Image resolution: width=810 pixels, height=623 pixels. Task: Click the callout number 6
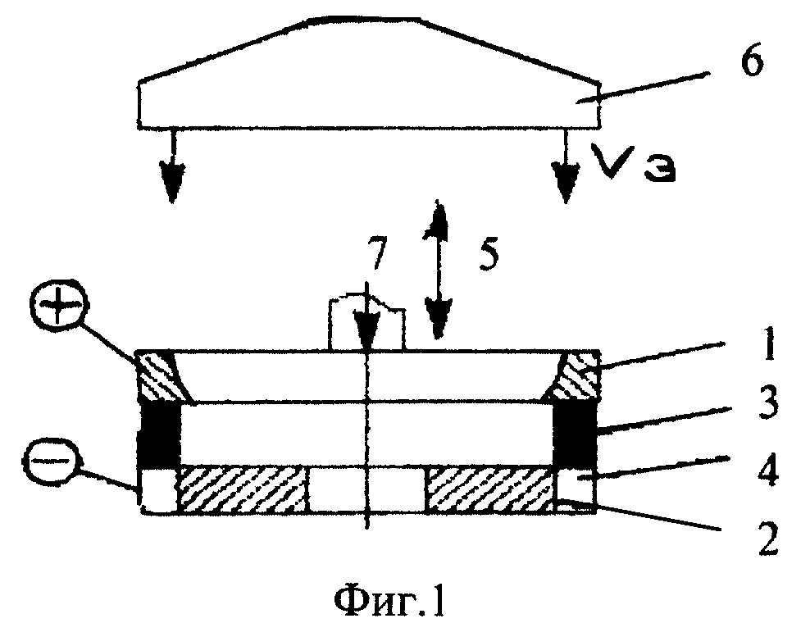[x=751, y=63]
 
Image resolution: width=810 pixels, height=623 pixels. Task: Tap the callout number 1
[x=769, y=345]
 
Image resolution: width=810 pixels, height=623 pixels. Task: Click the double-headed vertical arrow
[x=438, y=269]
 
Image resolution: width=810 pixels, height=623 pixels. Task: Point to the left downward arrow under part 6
[x=171, y=166]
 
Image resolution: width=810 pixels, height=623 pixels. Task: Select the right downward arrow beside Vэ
[x=567, y=166]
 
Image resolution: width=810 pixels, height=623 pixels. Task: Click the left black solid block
[x=161, y=434]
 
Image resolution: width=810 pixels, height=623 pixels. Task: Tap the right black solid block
[x=575, y=434]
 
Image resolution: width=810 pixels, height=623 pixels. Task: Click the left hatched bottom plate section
[x=243, y=489]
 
